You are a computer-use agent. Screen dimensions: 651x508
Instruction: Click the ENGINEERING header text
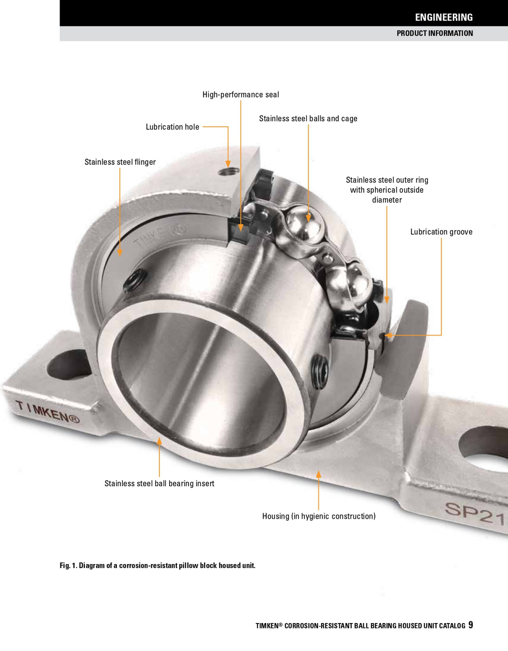pyautogui.click(x=443, y=17)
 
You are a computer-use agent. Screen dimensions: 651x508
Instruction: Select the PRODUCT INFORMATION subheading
pyautogui.click(x=434, y=34)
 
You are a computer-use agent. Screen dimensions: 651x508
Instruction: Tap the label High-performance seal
pyautogui.click(x=240, y=95)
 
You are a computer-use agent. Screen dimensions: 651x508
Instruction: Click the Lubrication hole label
pyautogui.click(x=172, y=127)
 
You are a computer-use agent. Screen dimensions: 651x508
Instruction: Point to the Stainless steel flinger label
pyautogui.click(x=120, y=162)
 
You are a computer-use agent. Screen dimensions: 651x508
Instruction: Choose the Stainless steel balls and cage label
pyautogui.click(x=308, y=119)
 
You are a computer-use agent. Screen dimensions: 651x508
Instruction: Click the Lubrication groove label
pyautogui.click(x=441, y=232)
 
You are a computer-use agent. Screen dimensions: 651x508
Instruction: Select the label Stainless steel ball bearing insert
pyautogui.click(x=159, y=483)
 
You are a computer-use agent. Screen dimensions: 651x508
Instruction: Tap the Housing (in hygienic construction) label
pyautogui.click(x=319, y=516)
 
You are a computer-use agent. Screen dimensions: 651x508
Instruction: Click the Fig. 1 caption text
pyautogui.click(x=157, y=566)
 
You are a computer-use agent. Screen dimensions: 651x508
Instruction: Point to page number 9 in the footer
pyautogui.click(x=470, y=625)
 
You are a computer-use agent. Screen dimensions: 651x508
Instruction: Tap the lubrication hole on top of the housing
pyautogui.click(x=229, y=170)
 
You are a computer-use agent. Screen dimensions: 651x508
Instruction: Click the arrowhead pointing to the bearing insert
pyautogui.click(x=160, y=441)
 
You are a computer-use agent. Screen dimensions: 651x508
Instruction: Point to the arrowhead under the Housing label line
pyautogui.click(x=319, y=474)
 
